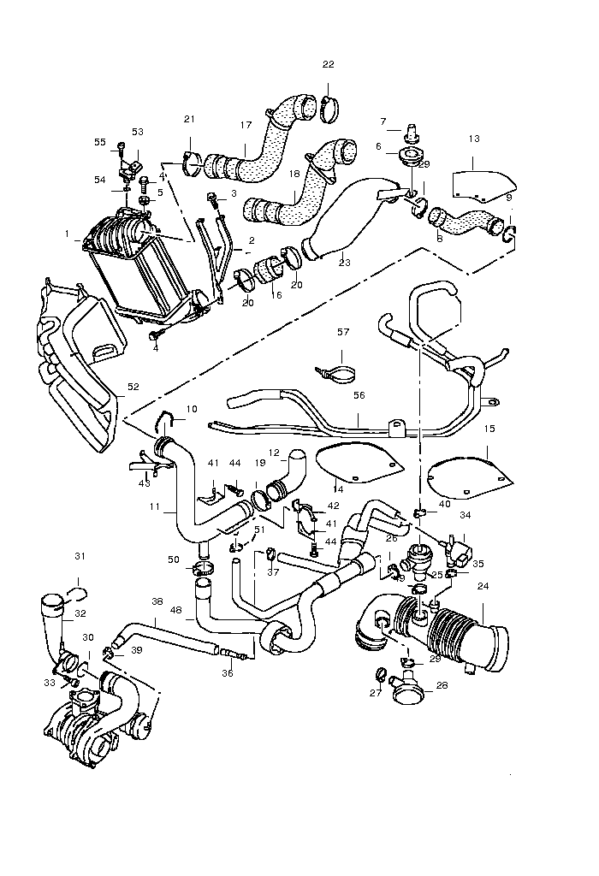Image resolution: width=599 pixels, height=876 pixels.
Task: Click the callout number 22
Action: point(329,65)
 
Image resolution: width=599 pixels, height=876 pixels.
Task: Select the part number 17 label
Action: point(246,126)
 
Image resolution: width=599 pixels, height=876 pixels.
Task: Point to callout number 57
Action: point(342,331)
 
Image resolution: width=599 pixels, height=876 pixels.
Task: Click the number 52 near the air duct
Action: point(133,387)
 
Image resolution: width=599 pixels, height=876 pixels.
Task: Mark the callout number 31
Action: point(80,557)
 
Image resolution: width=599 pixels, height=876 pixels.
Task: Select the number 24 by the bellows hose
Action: point(483,587)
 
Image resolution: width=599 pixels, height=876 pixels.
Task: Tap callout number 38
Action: point(157,601)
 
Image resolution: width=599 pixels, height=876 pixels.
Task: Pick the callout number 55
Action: point(100,142)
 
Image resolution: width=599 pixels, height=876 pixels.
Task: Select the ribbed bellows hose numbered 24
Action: point(458,637)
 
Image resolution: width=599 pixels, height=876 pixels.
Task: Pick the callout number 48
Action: point(176,609)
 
